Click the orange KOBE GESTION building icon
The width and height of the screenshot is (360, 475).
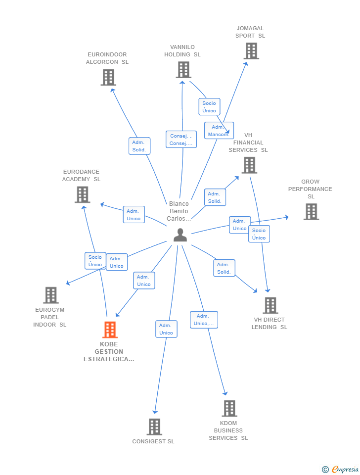click(x=110, y=330)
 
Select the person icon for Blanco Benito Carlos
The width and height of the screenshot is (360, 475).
click(x=180, y=235)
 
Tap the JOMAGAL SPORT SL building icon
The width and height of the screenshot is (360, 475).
click(x=251, y=51)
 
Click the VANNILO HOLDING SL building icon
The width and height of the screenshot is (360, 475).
click(x=183, y=70)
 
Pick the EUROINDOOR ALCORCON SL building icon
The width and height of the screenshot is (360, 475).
click(x=108, y=77)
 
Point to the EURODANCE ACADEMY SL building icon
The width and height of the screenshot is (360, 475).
click(x=83, y=194)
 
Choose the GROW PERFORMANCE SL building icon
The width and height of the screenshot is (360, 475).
click(x=311, y=211)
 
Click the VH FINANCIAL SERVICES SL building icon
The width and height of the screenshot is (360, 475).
click(x=249, y=165)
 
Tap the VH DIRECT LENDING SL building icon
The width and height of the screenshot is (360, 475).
click(x=270, y=305)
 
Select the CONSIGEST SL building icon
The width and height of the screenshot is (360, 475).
click(x=154, y=427)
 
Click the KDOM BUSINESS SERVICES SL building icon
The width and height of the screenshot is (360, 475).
click(x=229, y=408)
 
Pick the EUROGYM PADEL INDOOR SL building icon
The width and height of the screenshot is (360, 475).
click(x=51, y=295)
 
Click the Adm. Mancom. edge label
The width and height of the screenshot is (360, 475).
click(x=219, y=131)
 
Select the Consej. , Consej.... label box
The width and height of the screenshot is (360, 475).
click(x=181, y=140)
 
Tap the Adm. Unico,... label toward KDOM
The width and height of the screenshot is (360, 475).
click(x=204, y=320)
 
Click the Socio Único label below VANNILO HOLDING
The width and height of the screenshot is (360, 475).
click(x=209, y=107)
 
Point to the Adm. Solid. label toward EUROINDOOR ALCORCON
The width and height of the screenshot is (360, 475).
click(x=139, y=146)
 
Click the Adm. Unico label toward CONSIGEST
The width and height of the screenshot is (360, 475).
click(x=166, y=329)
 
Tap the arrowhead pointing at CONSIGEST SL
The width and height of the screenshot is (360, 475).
click(x=155, y=412)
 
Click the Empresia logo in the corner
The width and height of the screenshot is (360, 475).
click(x=340, y=469)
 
